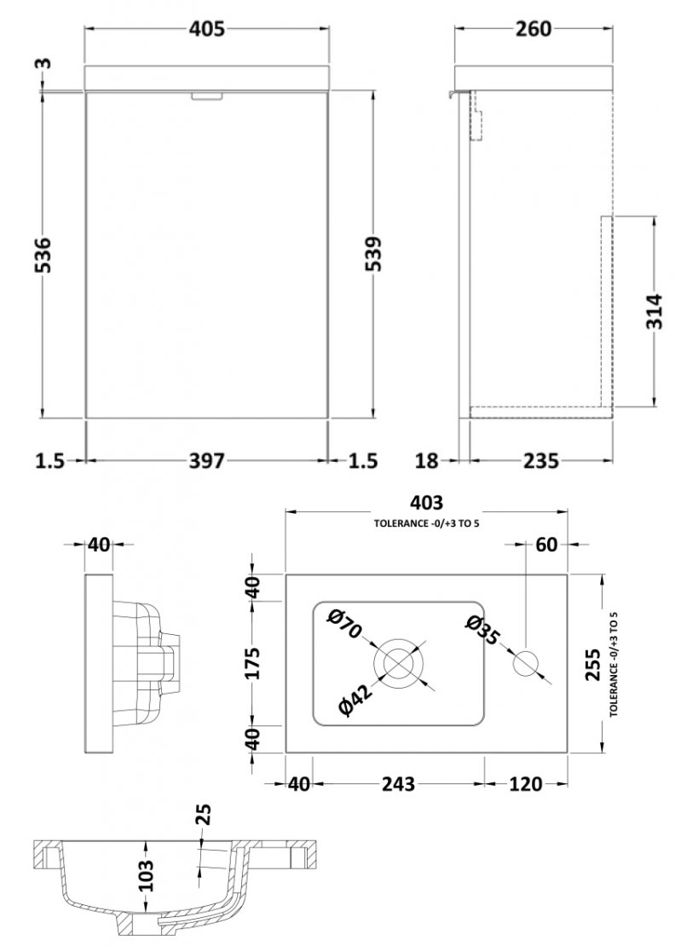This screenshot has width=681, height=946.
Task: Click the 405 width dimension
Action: point(206,28)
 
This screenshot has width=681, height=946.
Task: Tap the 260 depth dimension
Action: point(534,28)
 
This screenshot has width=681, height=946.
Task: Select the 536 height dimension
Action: point(43,255)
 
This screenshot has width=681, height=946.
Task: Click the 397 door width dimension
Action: point(206,461)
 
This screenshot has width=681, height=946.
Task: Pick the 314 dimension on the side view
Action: point(654,311)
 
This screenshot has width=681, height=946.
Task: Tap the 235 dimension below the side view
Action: point(540,461)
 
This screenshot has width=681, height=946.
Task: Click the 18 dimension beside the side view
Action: point(427,461)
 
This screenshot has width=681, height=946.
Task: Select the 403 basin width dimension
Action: point(426,502)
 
